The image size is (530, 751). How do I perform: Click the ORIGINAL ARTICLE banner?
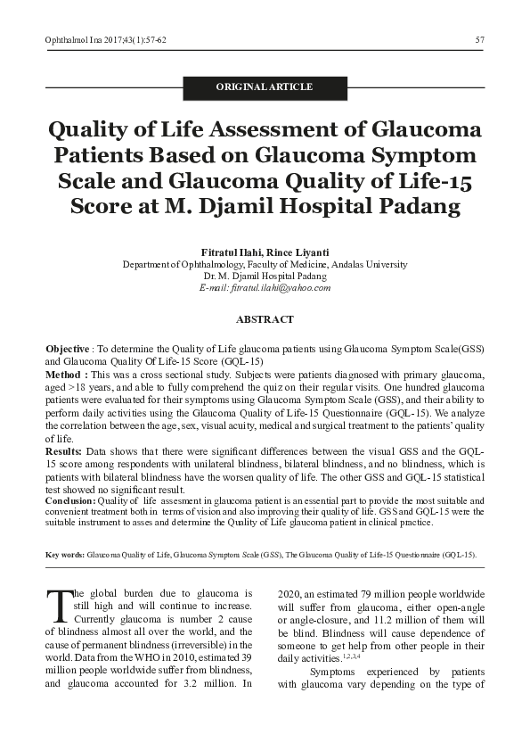[x=265, y=87]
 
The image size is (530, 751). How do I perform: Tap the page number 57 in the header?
[x=480, y=40]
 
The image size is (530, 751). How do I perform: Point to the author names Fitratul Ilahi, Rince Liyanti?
[x=265, y=252]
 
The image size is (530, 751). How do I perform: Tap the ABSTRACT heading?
[x=265, y=319]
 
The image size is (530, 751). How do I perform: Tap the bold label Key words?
[x=64, y=555]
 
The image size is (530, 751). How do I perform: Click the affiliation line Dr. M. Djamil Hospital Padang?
[x=265, y=276]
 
